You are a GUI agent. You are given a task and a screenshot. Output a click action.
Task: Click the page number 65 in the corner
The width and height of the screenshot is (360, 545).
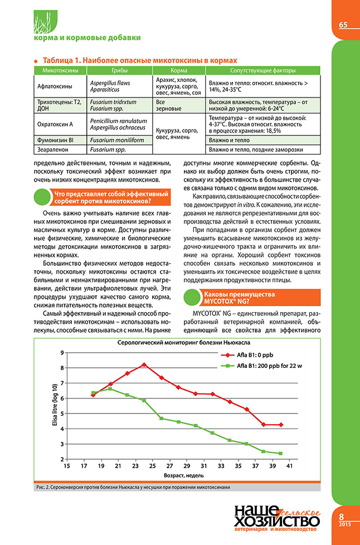point(343,25)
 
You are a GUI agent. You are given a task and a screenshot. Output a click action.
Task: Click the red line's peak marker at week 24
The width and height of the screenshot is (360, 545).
point(144,364)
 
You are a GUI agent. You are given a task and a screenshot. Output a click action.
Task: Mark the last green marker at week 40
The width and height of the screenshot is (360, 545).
point(280,454)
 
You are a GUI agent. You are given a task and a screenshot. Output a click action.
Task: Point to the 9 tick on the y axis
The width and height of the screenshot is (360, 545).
point(62,353)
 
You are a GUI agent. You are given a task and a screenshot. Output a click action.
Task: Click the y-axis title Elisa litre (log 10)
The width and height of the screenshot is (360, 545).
point(55,405)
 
